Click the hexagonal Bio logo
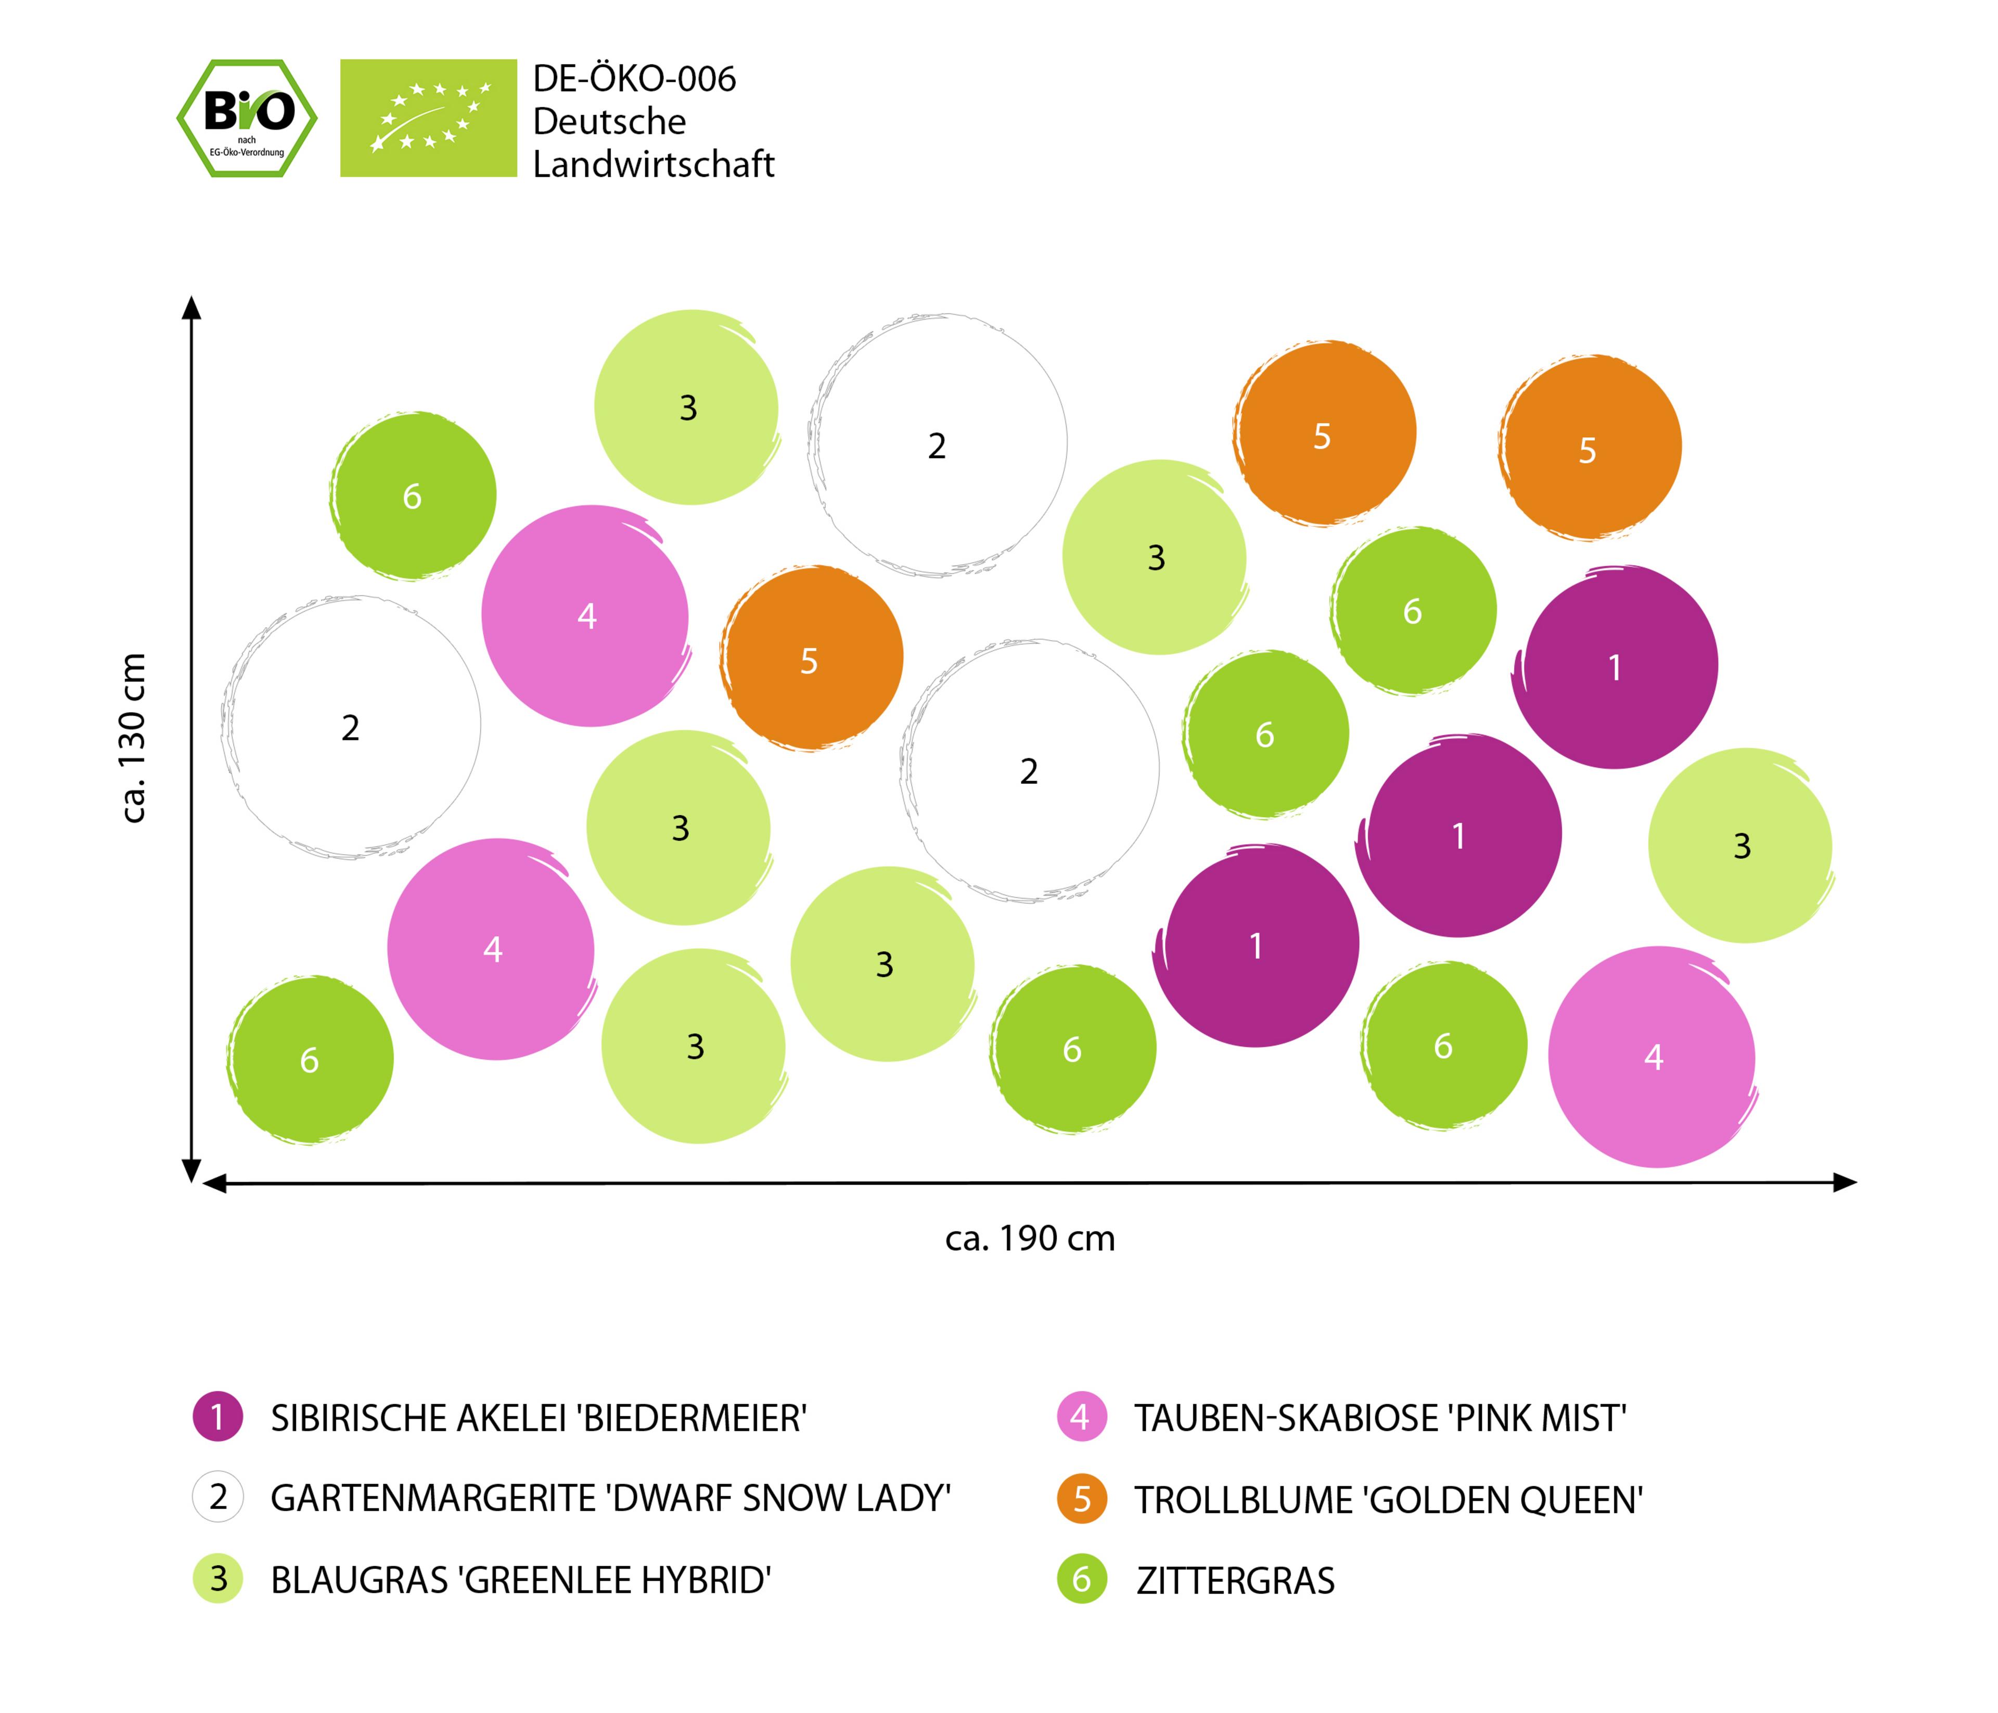point(247,118)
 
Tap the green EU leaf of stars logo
point(428,118)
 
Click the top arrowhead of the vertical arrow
point(192,307)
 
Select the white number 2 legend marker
point(218,1498)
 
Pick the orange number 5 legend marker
point(1081,1500)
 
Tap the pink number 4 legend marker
point(1081,1417)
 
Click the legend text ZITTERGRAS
point(1235,1581)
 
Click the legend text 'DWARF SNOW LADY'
point(610,1498)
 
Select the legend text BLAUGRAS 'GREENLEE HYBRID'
point(521,1581)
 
